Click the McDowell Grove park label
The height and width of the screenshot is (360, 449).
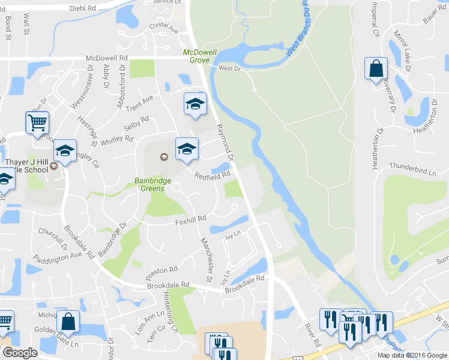point(196,56)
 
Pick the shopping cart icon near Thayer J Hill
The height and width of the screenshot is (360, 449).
point(37,122)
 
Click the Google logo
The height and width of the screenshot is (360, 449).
point(19,353)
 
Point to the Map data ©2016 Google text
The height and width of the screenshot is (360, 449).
point(412,355)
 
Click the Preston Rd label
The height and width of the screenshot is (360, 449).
point(165,270)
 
